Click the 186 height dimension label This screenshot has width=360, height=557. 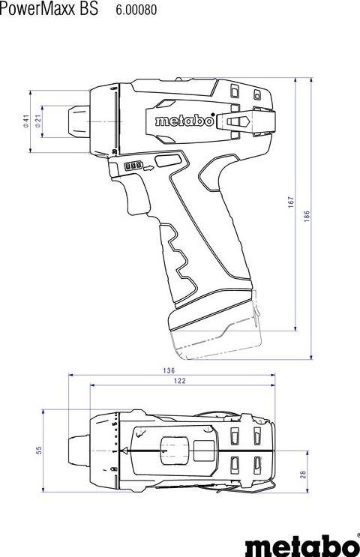(x=307, y=217)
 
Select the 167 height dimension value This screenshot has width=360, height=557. (x=292, y=202)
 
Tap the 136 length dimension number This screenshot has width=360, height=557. (x=169, y=370)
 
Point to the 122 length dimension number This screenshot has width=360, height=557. (x=180, y=381)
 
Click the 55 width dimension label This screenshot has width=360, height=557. (x=39, y=450)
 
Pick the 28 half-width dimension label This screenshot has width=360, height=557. (x=303, y=475)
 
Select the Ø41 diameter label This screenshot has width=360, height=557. (x=25, y=121)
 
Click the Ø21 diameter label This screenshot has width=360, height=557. (x=38, y=121)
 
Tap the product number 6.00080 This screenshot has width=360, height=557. (x=136, y=10)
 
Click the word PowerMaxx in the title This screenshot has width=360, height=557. (x=37, y=9)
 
